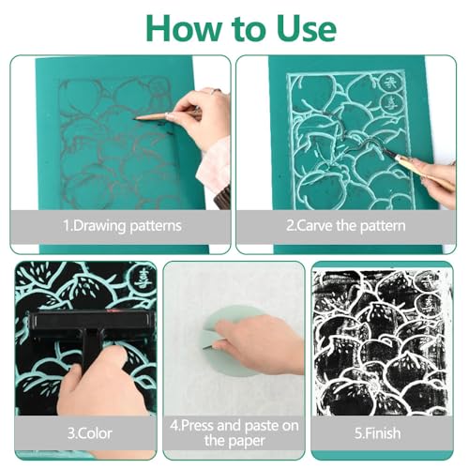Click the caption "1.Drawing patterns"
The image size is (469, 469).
[x=122, y=226]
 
